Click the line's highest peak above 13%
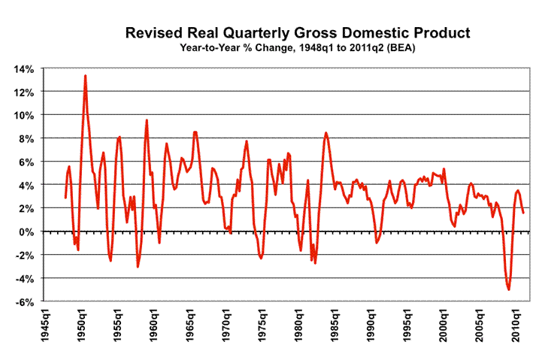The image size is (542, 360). (85, 75)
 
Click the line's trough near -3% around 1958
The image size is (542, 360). (138, 267)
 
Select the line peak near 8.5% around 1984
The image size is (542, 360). (326, 133)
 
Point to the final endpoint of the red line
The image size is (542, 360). (524, 213)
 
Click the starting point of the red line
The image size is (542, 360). (65, 198)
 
